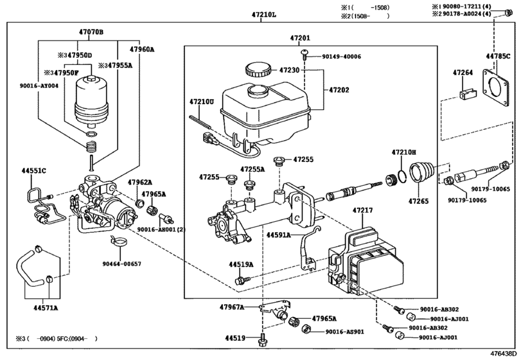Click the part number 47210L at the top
pyautogui.click(x=263, y=15)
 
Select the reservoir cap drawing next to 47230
pyautogui.click(x=258, y=69)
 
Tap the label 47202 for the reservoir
pyautogui.click(x=339, y=90)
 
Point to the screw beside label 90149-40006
pyautogui.click(x=305, y=54)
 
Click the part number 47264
pyautogui.click(x=463, y=73)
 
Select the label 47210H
pyautogui.click(x=403, y=152)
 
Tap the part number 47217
pyautogui.click(x=362, y=210)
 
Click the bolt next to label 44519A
pyautogui.click(x=240, y=280)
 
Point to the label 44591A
pyautogui.click(x=278, y=235)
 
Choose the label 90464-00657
pyautogui.click(x=121, y=264)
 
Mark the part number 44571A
pyautogui.click(x=46, y=308)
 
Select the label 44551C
pyautogui.click(x=33, y=171)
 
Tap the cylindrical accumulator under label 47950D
pyautogui.click(x=91, y=102)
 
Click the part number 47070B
pyautogui.click(x=91, y=32)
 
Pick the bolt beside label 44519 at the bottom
pyautogui.click(x=263, y=339)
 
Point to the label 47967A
pyautogui.click(x=232, y=307)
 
